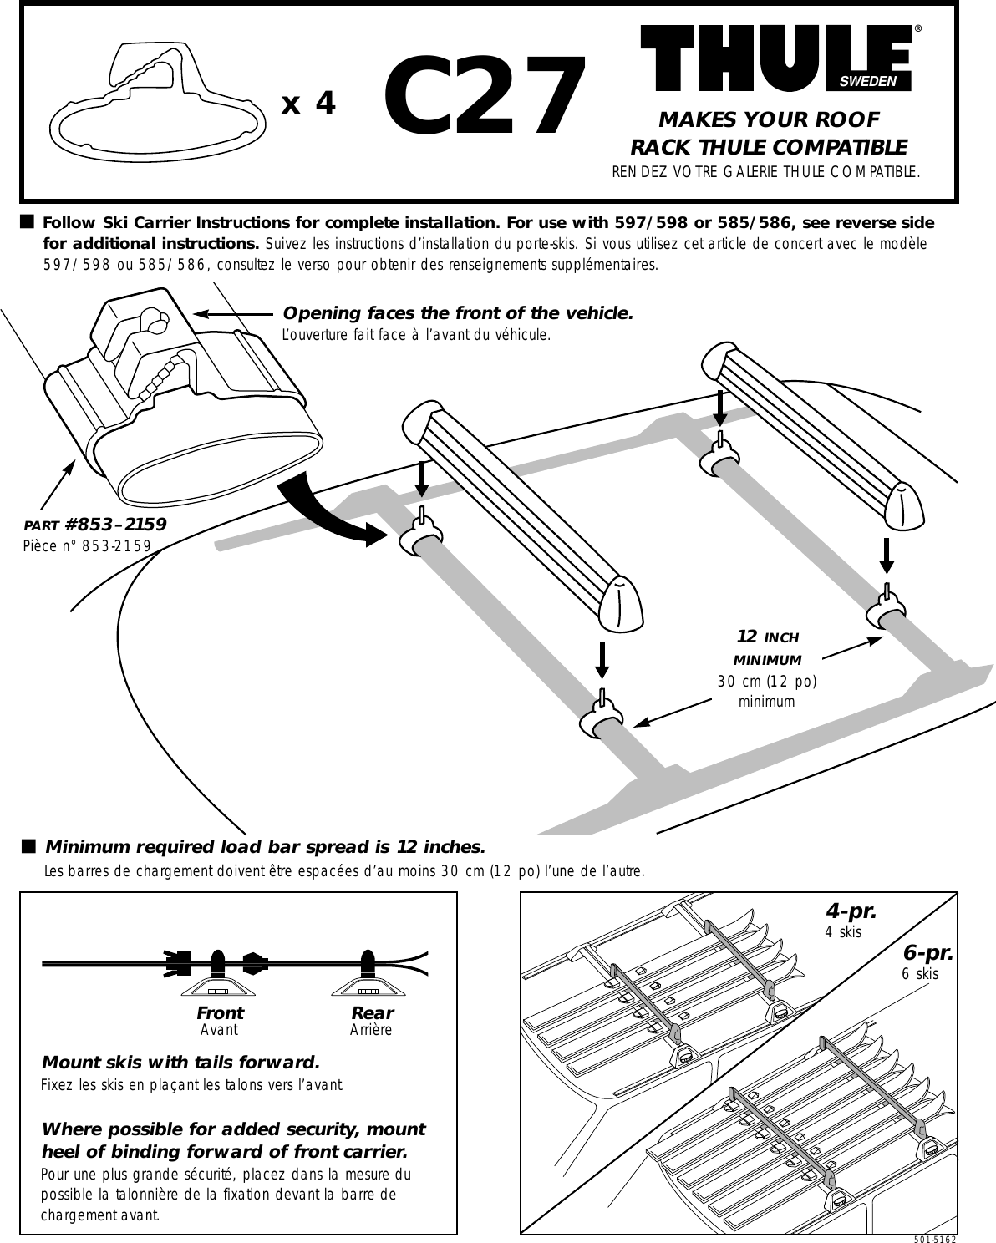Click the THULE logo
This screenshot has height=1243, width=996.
pyautogui.click(x=775, y=57)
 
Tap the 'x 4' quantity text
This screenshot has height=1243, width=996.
pyautogui.click(x=309, y=104)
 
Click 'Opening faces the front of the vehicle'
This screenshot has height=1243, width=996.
pyautogui.click(x=458, y=313)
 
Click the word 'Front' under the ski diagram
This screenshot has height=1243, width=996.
pyautogui.click(x=220, y=1012)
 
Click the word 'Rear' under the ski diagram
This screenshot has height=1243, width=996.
pyautogui.click(x=371, y=1012)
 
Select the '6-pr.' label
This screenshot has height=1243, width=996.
pyautogui.click(x=928, y=953)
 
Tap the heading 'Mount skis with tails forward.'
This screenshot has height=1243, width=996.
pyautogui.click(x=180, y=1063)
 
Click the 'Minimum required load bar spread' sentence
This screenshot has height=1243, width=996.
pyautogui.click(x=265, y=847)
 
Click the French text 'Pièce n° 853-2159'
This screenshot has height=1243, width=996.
pyautogui.click(x=87, y=545)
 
